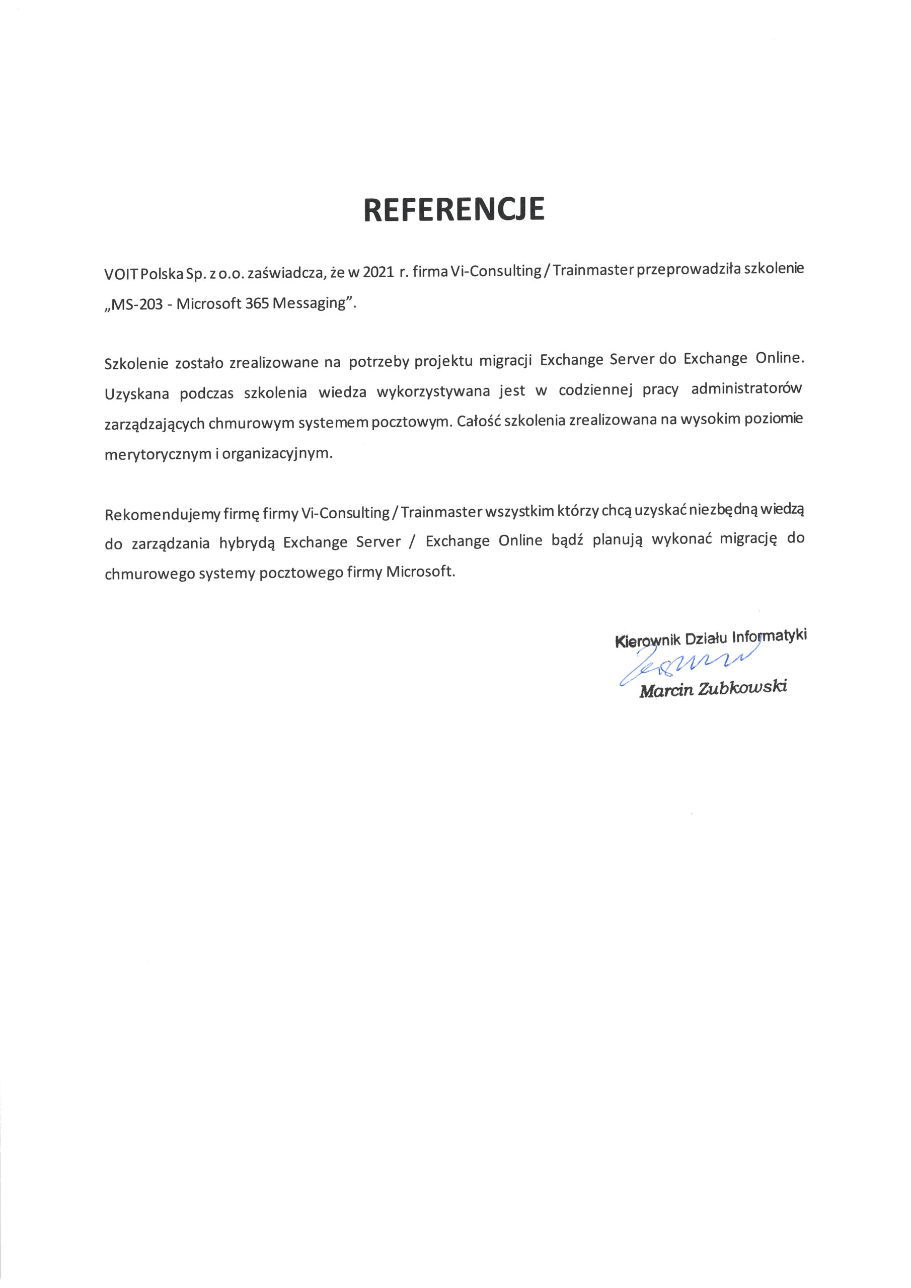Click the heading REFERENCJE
point(454,209)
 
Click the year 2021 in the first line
point(378,272)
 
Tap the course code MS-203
point(136,304)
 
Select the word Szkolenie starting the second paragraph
point(136,364)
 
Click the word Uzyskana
point(136,394)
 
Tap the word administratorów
point(746,389)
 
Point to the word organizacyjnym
point(277,454)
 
